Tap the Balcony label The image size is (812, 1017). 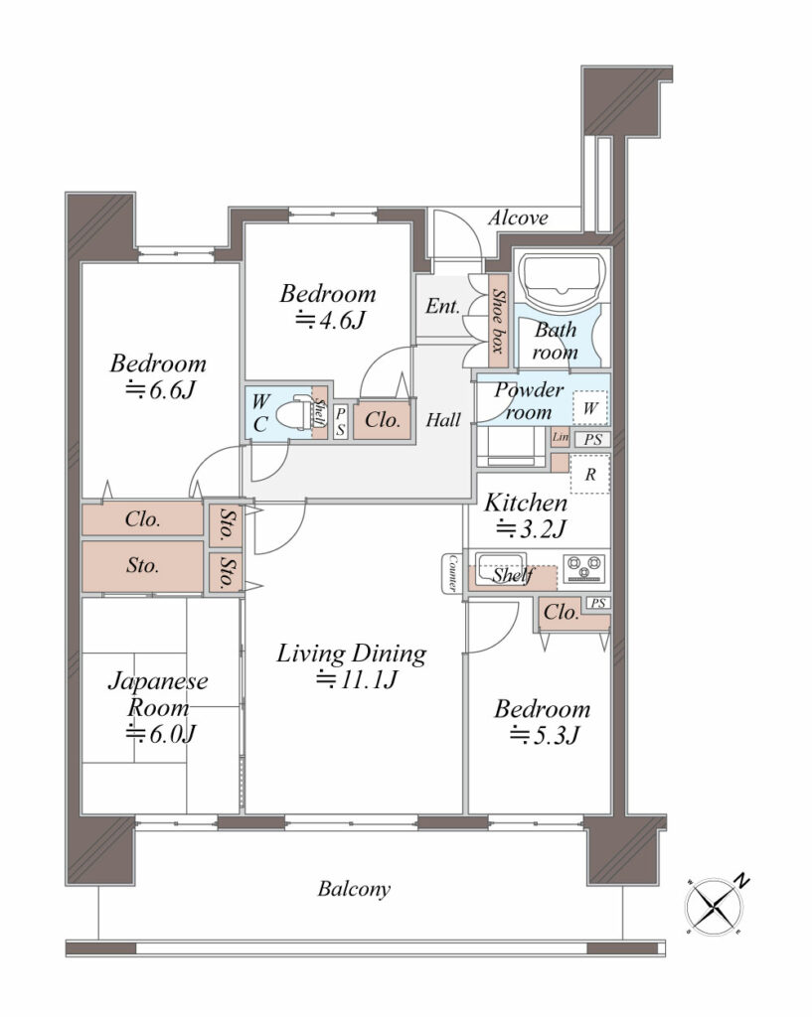tap(354, 889)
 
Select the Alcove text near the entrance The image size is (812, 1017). tap(518, 218)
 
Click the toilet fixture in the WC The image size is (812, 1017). tap(296, 412)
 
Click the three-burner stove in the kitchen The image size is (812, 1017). tap(585, 568)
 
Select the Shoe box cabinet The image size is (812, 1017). tap(498, 321)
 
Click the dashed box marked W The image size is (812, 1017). tap(590, 408)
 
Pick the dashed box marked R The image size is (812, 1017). tap(590, 474)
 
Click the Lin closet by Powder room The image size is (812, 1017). tap(561, 437)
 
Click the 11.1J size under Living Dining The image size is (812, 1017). tap(356, 680)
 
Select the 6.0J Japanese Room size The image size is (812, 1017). tap(160, 734)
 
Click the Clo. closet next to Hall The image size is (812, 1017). tap(383, 420)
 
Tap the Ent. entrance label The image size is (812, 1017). tap(442, 306)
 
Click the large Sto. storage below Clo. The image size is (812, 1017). tap(143, 566)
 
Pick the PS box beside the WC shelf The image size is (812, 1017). tap(340, 421)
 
